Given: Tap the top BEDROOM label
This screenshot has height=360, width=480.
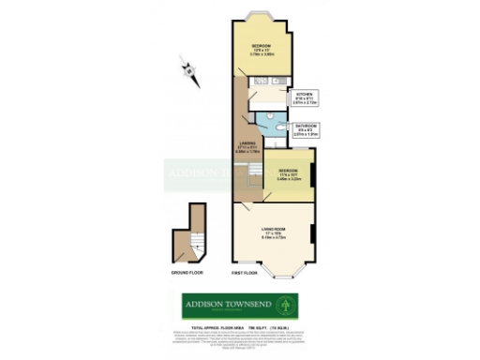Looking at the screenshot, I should point(262,47).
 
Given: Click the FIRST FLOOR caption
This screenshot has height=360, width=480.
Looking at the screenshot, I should point(246,273).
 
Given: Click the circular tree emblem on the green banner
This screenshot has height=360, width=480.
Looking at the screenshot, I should point(290,305).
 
